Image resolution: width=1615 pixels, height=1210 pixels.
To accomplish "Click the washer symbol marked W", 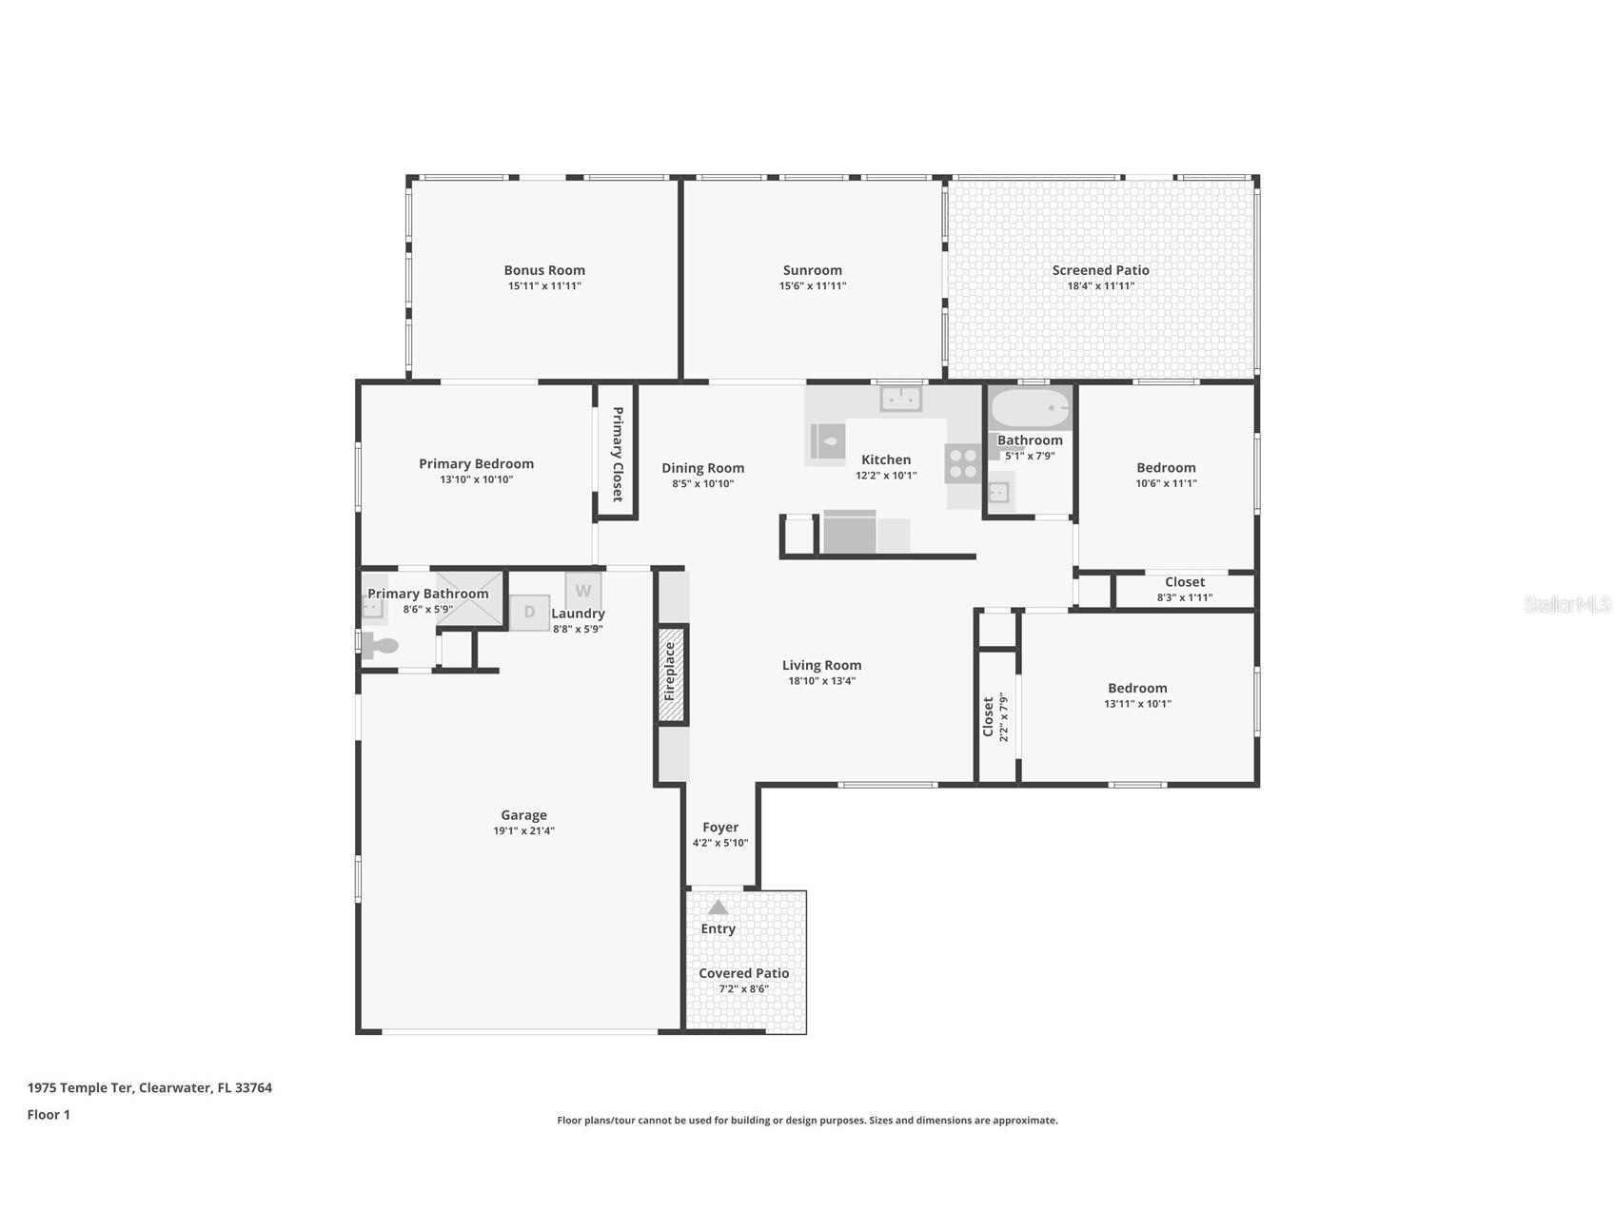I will [582, 591].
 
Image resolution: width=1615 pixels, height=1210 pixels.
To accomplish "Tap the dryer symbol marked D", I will [529, 612].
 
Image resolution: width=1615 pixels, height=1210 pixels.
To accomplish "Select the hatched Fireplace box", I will [671, 673].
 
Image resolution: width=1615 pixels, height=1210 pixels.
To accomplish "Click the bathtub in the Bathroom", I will [1031, 409].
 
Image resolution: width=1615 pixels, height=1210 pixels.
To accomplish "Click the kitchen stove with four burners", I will [963, 463].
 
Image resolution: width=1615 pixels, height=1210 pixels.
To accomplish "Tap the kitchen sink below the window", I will [900, 399].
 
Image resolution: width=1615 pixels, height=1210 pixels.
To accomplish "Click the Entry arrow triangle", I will [718, 907].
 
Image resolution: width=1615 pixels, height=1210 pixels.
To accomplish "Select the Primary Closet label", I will [617, 454].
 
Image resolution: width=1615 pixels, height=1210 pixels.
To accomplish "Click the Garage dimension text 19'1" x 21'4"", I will [523, 830].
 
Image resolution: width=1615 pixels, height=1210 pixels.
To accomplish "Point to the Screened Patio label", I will [1100, 270].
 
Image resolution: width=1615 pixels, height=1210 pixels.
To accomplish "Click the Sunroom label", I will [812, 270].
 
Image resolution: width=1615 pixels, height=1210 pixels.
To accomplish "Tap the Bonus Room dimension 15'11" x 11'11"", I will [544, 285].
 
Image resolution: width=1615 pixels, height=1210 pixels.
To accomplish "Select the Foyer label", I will [720, 828].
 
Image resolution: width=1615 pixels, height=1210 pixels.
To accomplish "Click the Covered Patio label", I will [743, 973].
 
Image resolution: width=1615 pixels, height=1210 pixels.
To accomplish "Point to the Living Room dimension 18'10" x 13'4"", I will [822, 680].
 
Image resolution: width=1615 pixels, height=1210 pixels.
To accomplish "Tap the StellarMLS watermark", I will [1566, 604].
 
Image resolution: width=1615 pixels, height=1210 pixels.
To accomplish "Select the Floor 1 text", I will [49, 1114].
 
